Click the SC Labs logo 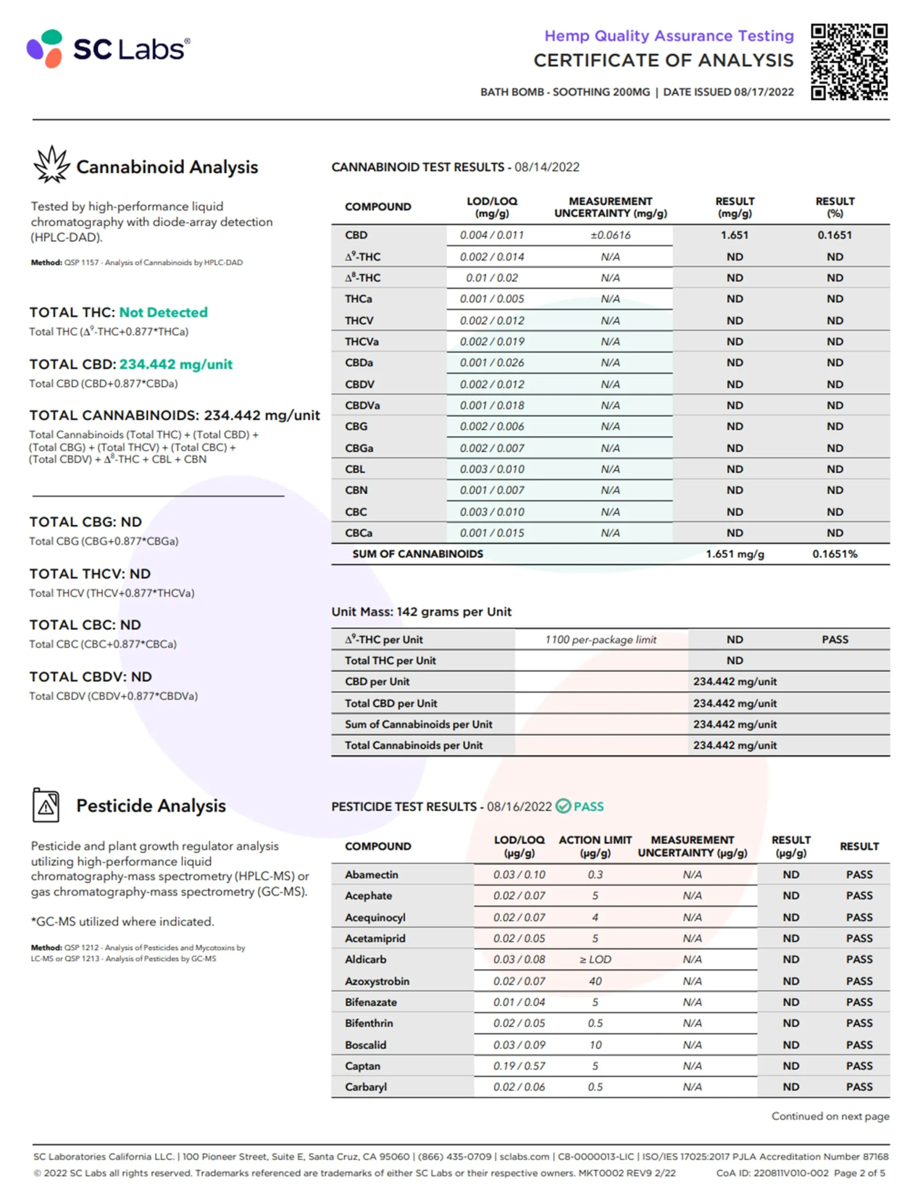tap(108, 49)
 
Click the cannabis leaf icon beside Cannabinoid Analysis tap(51, 165)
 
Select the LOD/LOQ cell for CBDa tap(492, 363)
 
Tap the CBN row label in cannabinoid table tap(356, 490)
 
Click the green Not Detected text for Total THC tap(163, 312)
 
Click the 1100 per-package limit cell tap(600, 640)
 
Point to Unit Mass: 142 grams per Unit tap(421, 612)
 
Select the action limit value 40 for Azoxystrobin tap(595, 981)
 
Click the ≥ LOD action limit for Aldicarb tap(595, 959)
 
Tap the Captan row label tap(362, 1066)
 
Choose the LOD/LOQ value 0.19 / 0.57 tap(519, 1066)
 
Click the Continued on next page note tap(830, 1116)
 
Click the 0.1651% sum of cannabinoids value tap(834, 554)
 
